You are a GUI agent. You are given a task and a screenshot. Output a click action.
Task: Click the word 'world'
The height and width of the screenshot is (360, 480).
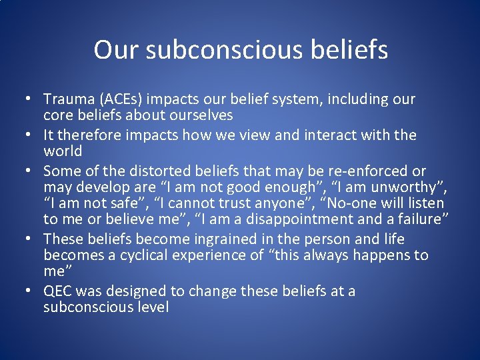(x=63, y=151)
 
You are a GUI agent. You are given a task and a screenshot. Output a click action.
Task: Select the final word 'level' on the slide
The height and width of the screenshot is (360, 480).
(x=153, y=307)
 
